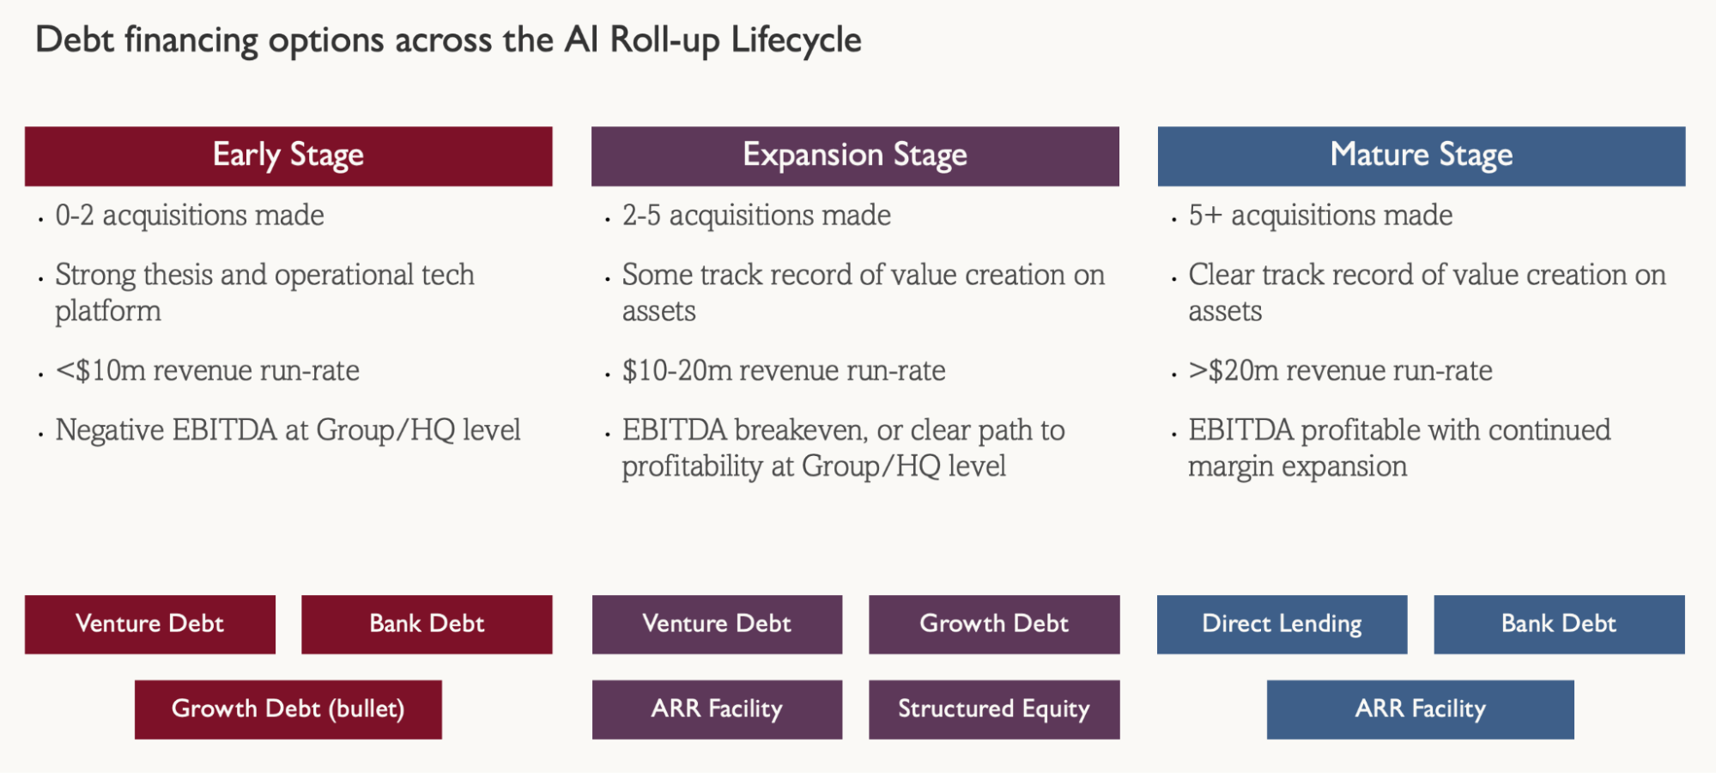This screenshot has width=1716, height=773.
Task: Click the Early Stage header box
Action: [288, 156]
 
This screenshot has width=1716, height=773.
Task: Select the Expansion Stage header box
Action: [855, 156]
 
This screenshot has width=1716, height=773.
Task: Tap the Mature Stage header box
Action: [1422, 156]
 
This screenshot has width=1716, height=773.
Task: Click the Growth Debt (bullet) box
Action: [288, 709]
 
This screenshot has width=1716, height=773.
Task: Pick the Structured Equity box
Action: [994, 709]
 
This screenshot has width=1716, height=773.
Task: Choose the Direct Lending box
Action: [1282, 624]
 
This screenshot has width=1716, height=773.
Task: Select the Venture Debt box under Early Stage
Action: [150, 624]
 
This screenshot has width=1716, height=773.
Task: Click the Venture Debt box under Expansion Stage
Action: [717, 624]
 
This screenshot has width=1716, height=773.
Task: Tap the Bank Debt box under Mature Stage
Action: [1559, 624]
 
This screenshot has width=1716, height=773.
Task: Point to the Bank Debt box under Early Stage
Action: [427, 624]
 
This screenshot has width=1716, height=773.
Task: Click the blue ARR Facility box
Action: [1421, 709]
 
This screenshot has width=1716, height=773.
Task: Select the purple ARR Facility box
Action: [717, 709]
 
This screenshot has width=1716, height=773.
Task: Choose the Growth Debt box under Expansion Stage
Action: [994, 624]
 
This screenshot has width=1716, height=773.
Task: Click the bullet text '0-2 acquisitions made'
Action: [190, 216]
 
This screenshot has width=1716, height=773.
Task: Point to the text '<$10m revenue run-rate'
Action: [208, 371]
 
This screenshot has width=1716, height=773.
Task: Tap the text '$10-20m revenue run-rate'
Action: [784, 371]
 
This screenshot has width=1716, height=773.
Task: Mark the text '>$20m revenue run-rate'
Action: [1340, 371]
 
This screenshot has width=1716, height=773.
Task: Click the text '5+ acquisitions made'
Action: [1320, 216]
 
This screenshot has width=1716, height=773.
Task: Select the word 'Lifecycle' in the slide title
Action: [797, 40]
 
